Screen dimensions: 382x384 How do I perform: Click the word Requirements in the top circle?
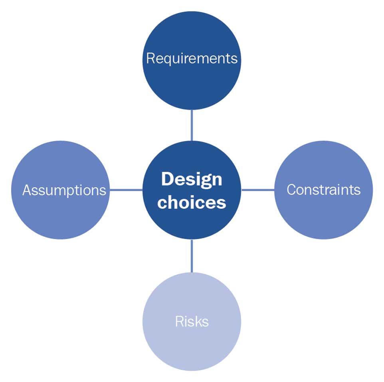[x=192, y=59]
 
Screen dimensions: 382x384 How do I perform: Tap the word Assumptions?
[x=64, y=190]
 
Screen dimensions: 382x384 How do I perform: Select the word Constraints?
[x=323, y=190]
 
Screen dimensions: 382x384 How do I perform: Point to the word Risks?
[x=192, y=321]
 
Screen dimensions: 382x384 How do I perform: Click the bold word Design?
[x=192, y=179]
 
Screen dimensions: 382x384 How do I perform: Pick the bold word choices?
[x=192, y=202]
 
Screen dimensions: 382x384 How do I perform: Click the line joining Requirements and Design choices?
[x=192, y=125]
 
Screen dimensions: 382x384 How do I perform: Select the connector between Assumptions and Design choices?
[x=126, y=190]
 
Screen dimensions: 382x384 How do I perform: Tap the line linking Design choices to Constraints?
[x=258, y=190]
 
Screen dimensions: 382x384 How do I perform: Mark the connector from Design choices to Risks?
[x=192, y=256]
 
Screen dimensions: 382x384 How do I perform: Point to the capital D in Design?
[x=167, y=179]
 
